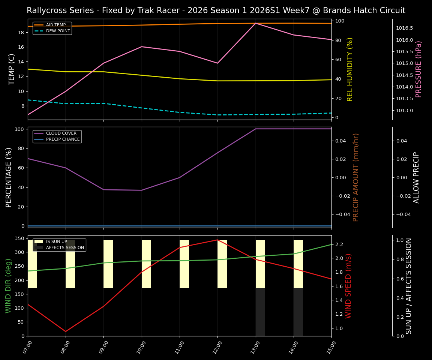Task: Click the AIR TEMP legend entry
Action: tap(55, 25)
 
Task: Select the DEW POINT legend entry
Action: tap(58, 31)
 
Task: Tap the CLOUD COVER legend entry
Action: tap(61, 133)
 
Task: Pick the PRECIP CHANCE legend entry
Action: tap(63, 139)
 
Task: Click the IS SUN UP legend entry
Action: tap(56, 242)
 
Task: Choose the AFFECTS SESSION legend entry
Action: tap(65, 248)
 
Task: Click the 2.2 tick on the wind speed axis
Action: tap(339, 244)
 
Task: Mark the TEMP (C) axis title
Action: tap(12, 69)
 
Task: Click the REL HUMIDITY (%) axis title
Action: tap(350, 69)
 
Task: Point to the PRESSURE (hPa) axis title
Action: tap(418, 69)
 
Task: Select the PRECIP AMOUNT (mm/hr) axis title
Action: tap(356, 177)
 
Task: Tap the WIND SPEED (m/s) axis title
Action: tap(349, 286)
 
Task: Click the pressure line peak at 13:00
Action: tap(255, 23)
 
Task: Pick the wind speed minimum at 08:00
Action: tap(66, 331)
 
